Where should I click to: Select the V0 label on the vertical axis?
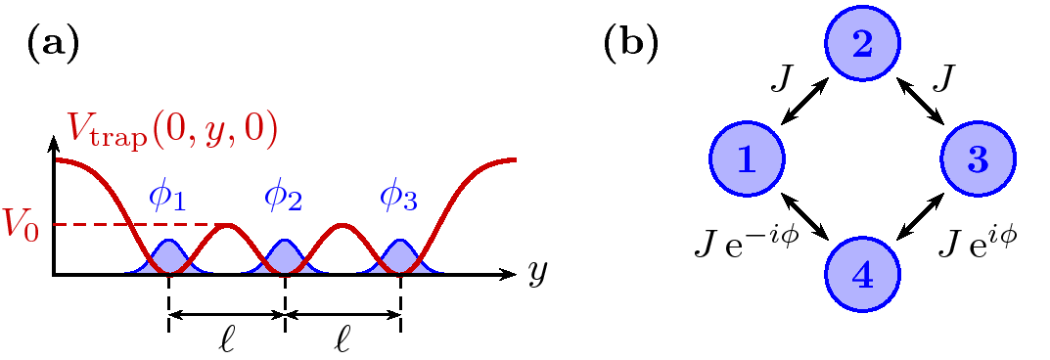point(27,224)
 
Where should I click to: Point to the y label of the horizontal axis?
point(537,274)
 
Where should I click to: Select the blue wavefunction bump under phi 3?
point(400,256)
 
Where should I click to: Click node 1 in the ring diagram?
point(746,159)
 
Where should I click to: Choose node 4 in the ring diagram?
point(862,275)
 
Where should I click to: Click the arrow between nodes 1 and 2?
point(804,103)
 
